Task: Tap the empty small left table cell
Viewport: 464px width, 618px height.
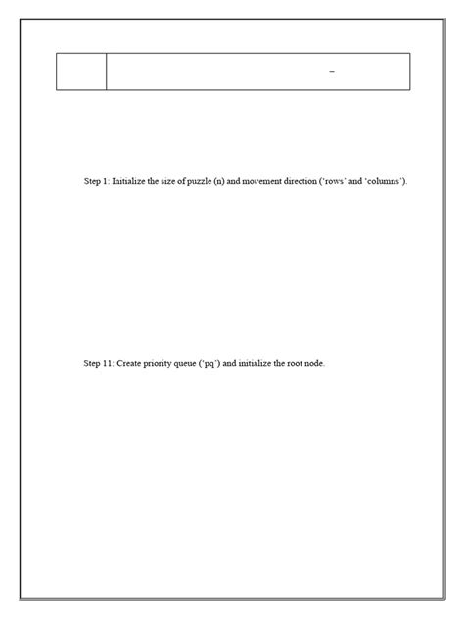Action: pyautogui.click(x=81, y=71)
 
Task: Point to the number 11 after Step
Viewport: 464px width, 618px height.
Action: pyautogui.click(x=107, y=363)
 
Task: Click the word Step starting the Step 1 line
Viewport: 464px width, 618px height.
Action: pyautogui.click(x=93, y=182)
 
